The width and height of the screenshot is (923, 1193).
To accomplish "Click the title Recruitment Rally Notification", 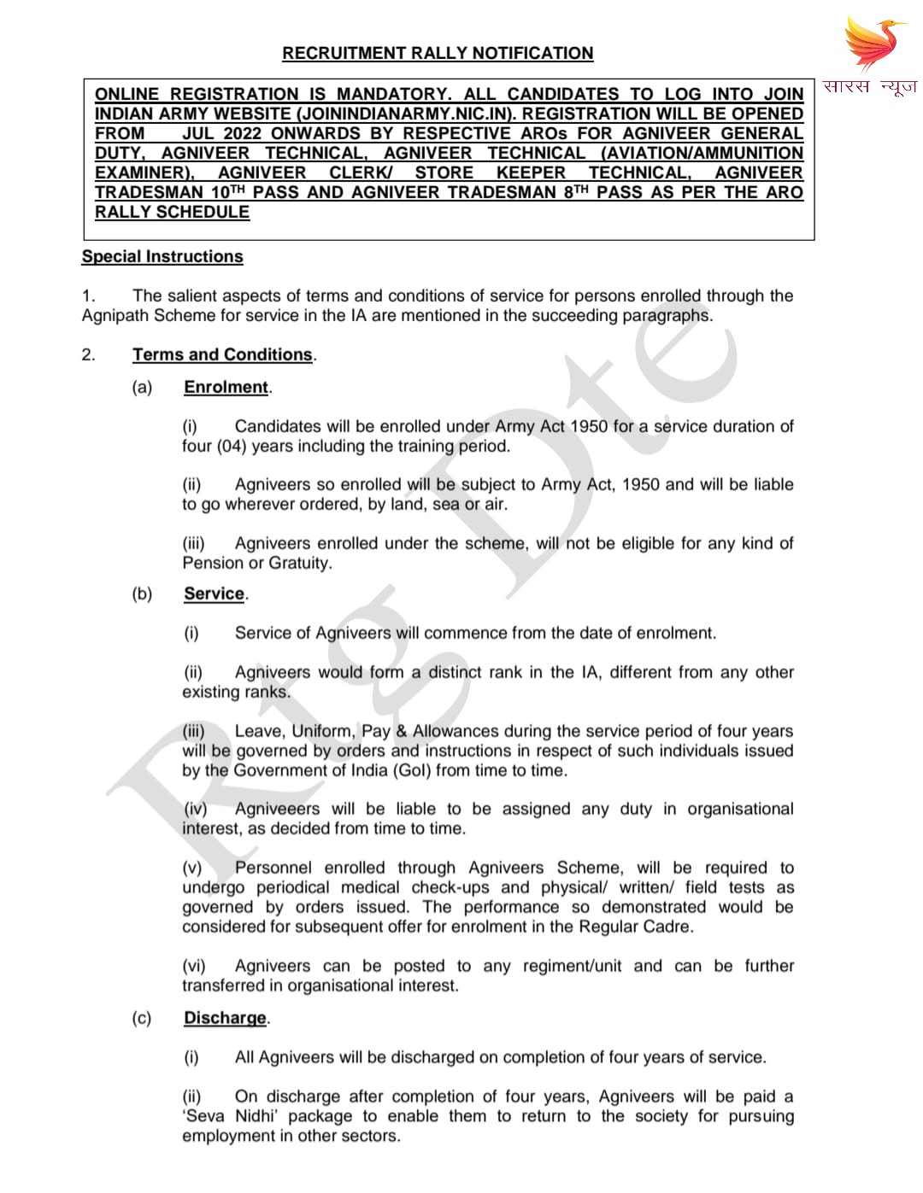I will [x=438, y=53].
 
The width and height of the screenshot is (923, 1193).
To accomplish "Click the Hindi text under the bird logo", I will [x=870, y=86].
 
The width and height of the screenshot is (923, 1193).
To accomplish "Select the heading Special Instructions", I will [x=162, y=256].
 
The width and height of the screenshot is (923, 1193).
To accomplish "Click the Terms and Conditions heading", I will [x=222, y=354].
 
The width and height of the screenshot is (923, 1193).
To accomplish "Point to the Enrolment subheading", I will [x=226, y=387].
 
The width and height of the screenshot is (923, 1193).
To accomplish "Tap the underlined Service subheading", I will [x=214, y=594].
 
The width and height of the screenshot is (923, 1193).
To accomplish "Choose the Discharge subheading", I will [x=225, y=1018].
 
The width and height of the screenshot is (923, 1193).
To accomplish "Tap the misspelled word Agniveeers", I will [x=277, y=809].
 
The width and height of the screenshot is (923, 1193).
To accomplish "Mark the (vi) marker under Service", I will [x=194, y=966].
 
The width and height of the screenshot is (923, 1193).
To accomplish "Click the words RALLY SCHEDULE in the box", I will [x=172, y=212].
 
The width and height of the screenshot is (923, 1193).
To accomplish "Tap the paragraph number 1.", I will [x=88, y=295].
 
